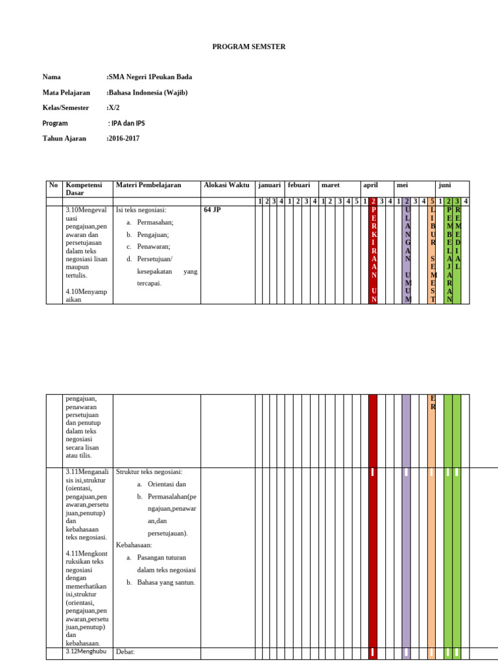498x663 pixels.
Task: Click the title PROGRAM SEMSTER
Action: pos(249,47)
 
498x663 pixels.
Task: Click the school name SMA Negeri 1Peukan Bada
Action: pos(150,77)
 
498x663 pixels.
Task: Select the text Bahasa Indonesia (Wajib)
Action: pos(148,93)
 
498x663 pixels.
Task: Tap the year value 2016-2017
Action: pos(123,138)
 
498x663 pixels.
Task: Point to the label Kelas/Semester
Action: pos(65,107)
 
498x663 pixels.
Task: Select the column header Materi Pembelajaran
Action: pos(148,185)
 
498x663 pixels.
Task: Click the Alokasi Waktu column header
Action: pos(226,185)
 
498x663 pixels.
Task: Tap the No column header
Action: pos(54,185)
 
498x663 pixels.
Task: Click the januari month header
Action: pos(270,185)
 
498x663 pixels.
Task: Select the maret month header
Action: pos(330,185)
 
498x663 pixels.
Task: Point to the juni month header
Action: pos(445,185)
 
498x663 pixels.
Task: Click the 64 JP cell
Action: pos(212,210)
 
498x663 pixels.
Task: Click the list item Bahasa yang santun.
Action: pos(166,582)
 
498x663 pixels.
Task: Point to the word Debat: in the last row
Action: pos(125,651)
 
